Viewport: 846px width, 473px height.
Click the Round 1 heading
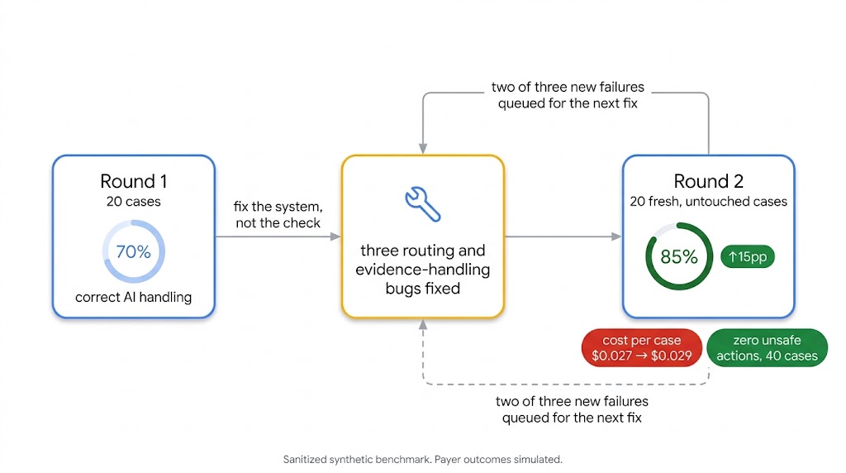click(133, 181)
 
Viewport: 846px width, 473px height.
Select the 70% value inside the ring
click(133, 251)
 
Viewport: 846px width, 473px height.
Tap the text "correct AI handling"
click(133, 297)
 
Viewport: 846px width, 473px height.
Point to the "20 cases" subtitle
click(133, 202)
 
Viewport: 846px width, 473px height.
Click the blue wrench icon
click(423, 204)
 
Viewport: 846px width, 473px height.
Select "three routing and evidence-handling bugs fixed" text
click(423, 269)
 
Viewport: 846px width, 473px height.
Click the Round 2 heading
click(708, 181)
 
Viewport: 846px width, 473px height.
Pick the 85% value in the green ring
click(679, 256)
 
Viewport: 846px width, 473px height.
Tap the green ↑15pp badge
click(747, 256)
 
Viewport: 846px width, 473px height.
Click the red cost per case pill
click(641, 348)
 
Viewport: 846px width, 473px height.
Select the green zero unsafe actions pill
click(767, 348)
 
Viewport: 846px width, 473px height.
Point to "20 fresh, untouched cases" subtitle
click(708, 202)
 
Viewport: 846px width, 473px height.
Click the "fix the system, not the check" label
click(278, 214)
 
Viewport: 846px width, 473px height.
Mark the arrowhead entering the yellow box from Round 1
click(335, 236)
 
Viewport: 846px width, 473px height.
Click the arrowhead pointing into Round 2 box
click(616, 236)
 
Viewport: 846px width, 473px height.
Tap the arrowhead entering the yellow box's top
click(423, 149)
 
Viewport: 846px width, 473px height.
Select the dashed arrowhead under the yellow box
click(423, 324)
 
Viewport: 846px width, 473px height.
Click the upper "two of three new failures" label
click(568, 95)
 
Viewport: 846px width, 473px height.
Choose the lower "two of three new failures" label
click(572, 409)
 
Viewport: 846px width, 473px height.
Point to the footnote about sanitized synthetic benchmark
click(423, 460)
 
